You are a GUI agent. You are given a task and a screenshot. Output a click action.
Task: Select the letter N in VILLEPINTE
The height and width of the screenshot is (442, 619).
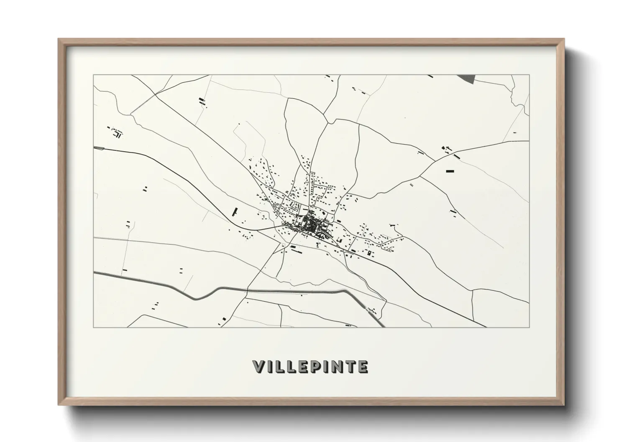(336, 366)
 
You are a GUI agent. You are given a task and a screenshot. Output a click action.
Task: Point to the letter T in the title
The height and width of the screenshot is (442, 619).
(350, 366)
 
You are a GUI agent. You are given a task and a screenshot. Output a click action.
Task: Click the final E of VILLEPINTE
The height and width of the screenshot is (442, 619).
(362, 366)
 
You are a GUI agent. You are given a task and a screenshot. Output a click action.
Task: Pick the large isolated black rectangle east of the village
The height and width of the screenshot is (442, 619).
(450, 171)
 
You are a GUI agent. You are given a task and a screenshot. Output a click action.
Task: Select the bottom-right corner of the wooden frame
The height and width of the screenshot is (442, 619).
(564, 405)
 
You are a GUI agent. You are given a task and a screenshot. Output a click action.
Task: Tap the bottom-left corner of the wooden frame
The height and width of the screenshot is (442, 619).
(59, 405)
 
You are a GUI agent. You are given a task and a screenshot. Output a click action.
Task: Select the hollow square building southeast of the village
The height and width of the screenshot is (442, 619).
(369, 253)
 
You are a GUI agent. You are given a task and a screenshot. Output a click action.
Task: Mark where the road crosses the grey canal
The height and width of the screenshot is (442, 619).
(247, 290)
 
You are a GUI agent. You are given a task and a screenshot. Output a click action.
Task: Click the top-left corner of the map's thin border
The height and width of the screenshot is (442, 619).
(93, 75)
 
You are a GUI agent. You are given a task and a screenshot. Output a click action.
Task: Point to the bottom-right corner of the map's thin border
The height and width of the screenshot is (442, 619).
(529, 327)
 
